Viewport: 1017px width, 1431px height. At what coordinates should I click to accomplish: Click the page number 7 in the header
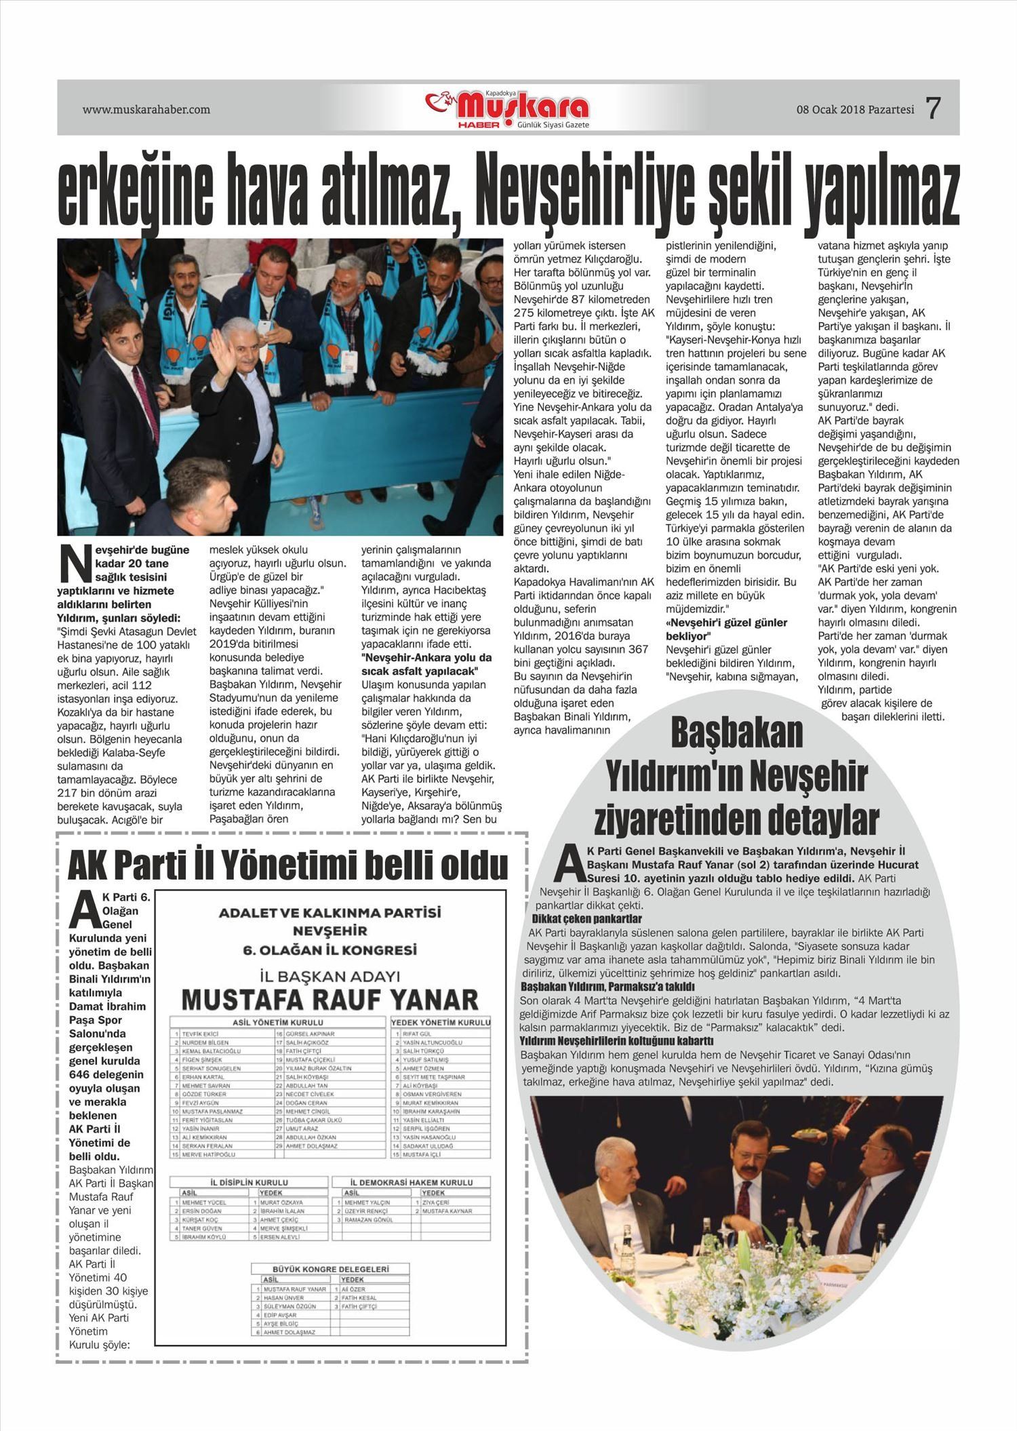(934, 108)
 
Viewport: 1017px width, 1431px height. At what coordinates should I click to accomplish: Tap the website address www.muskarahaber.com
(146, 109)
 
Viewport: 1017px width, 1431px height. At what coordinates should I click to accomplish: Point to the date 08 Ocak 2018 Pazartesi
(855, 109)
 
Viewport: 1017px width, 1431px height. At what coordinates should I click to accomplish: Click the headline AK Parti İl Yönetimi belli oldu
(288, 865)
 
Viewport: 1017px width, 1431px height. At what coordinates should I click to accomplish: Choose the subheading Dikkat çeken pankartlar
(586, 919)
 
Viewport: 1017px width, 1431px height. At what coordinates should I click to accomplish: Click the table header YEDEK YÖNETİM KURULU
(441, 1022)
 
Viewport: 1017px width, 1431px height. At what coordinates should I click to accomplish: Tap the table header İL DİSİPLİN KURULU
(249, 1182)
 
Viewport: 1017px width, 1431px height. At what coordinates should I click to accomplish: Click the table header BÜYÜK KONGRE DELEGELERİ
(330, 1268)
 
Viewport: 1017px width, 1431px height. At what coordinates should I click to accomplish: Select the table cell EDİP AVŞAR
(278, 1314)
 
